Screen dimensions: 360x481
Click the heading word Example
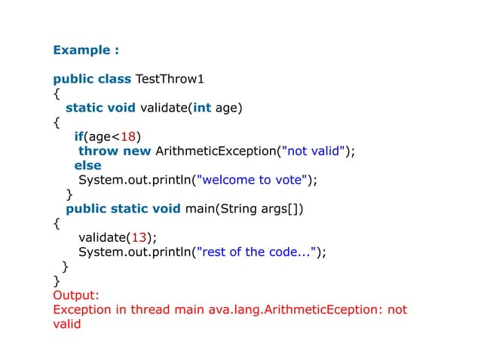click(x=81, y=50)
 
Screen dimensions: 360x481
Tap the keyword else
click(x=87, y=165)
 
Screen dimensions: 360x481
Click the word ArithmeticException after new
click(x=216, y=151)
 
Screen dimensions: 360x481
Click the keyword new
click(x=137, y=151)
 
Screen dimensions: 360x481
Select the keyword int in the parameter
click(x=202, y=108)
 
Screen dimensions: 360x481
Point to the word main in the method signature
click(x=198, y=208)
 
